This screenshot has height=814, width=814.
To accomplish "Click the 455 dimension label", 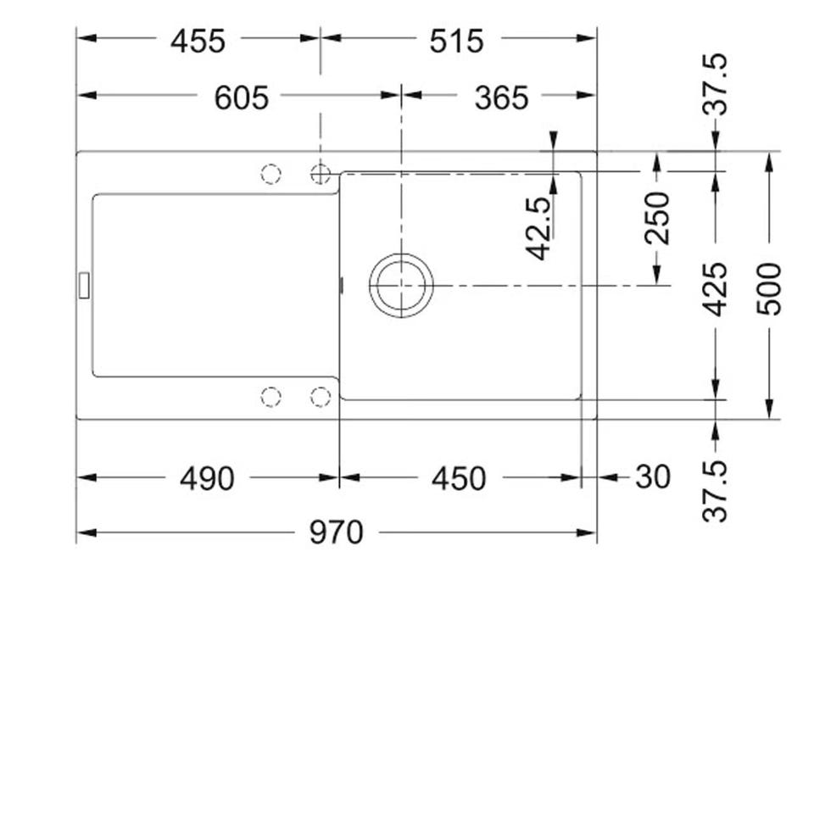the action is (198, 41).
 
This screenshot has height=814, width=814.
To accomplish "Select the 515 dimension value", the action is (457, 41).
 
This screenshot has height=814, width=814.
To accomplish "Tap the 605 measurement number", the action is (242, 98).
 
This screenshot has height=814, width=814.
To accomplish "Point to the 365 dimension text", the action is (501, 98).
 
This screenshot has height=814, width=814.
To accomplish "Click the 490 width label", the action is (207, 478).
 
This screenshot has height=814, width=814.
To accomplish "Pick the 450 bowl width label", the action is (459, 478).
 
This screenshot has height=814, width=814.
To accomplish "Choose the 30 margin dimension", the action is (653, 477).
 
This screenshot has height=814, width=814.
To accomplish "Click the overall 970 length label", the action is (337, 532).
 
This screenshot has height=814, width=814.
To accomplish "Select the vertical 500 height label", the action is (769, 288).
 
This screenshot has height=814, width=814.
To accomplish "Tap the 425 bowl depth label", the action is (716, 289).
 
